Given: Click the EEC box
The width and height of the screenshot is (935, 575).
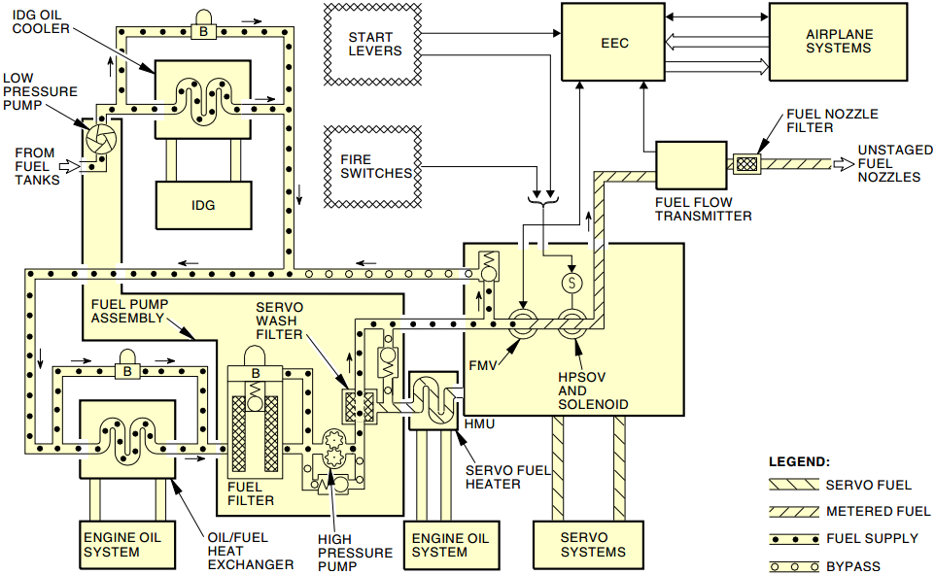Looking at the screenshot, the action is point(613,42).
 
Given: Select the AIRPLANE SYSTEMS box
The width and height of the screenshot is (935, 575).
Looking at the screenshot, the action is point(839,42).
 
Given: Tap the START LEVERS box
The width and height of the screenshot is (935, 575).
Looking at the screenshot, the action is point(373,44).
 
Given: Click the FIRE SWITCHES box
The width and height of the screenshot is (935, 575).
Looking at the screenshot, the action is point(373,167).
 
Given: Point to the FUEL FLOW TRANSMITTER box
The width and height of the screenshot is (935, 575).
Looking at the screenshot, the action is point(691,165).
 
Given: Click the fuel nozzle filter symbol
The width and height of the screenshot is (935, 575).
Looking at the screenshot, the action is point(746,163).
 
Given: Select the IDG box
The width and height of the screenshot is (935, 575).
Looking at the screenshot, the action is point(203,205).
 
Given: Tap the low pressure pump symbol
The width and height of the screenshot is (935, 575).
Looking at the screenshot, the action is point(101,140).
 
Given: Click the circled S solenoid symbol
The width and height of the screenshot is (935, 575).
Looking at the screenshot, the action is point(571,282).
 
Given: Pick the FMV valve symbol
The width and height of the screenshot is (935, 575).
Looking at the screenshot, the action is point(522,324).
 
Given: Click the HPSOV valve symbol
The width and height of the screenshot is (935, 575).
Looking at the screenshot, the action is point(571,324).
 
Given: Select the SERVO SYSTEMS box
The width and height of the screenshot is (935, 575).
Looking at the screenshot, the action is point(588,545).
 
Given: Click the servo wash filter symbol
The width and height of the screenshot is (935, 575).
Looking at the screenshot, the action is point(360,407).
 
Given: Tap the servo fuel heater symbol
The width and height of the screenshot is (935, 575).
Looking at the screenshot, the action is point(433,400).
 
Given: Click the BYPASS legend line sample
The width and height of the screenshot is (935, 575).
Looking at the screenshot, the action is point(794,566).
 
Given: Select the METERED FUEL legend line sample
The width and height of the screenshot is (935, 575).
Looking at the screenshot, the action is point(794,511).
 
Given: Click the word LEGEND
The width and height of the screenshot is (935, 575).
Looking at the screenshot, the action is point(799,461).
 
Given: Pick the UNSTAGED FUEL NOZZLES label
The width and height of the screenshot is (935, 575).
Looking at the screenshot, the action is point(894,163).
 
